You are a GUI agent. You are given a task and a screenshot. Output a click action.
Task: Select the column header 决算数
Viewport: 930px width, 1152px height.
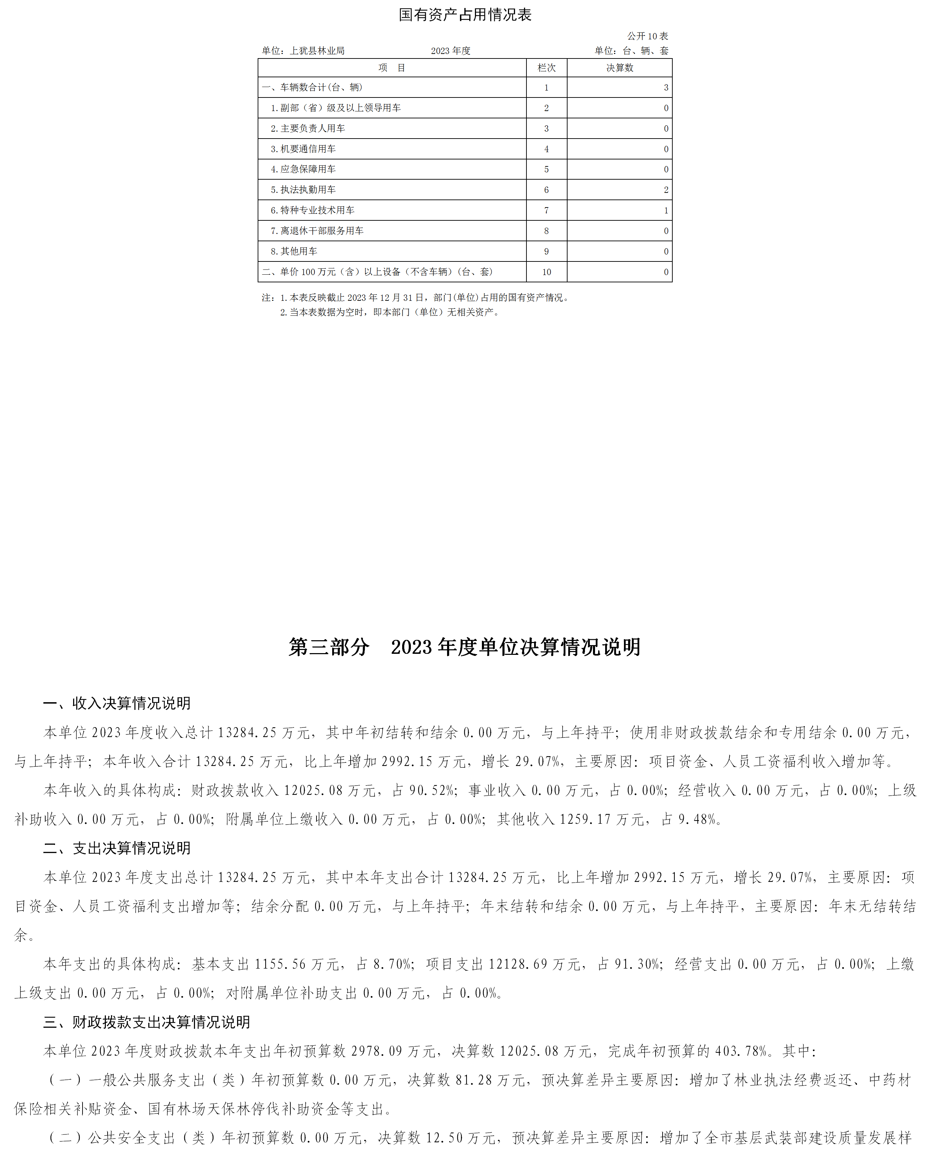tap(619, 68)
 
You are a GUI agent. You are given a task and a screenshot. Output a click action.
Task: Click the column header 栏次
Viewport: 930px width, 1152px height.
tap(546, 68)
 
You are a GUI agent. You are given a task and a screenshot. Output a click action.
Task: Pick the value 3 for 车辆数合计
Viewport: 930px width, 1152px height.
tap(666, 88)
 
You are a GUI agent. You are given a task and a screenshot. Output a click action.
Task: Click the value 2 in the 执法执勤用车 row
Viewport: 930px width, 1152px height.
tap(666, 190)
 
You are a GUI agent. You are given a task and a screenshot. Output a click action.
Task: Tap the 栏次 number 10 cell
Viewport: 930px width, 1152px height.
tap(546, 272)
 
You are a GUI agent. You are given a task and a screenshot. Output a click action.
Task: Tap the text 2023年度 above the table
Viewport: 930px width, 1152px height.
tap(451, 51)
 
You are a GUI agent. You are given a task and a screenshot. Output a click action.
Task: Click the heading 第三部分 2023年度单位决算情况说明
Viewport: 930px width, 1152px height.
tap(464, 647)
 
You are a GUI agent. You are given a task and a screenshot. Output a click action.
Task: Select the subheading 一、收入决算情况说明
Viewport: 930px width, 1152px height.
tap(117, 703)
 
